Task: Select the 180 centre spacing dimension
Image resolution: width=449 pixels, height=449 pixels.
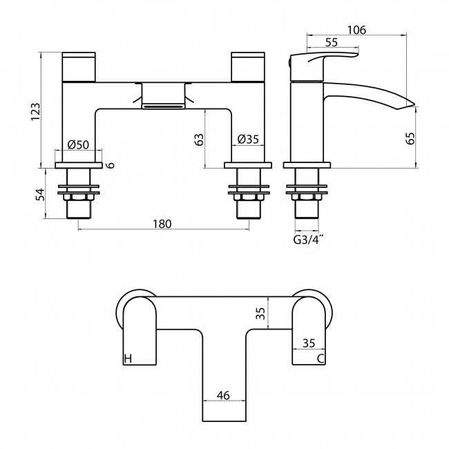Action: [161, 224]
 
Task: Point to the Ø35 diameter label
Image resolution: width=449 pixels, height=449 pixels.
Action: [247, 140]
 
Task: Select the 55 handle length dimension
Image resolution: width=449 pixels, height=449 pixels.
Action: [331, 43]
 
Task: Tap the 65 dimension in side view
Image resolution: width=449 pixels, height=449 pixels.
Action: [410, 137]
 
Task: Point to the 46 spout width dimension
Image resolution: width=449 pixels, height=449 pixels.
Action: [223, 395]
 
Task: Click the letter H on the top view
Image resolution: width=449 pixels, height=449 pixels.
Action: [127, 359]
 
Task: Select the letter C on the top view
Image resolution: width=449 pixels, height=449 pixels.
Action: [321, 359]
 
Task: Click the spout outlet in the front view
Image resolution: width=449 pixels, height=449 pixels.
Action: [164, 105]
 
